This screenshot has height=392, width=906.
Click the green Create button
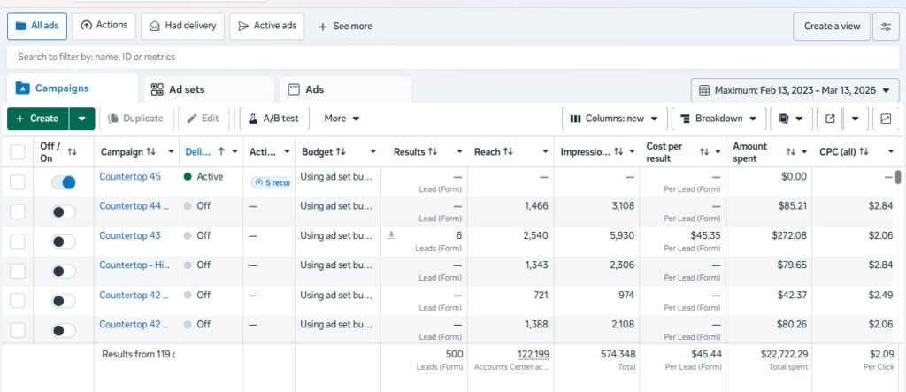[x=37, y=119]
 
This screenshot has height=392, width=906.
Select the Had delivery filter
[x=182, y=26]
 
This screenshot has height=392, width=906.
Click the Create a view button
[x=831, y=27]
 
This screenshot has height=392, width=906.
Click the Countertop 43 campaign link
[x=130, y=236]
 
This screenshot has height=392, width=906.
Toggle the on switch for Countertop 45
[x=64, y=182]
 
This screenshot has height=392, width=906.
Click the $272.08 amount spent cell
[x=784, y=236]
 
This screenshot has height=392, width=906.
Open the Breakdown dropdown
[x=718, y=119]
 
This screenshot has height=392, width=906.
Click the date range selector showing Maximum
[x=793, y=90]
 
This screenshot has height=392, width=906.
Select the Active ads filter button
[x=266, y=26]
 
